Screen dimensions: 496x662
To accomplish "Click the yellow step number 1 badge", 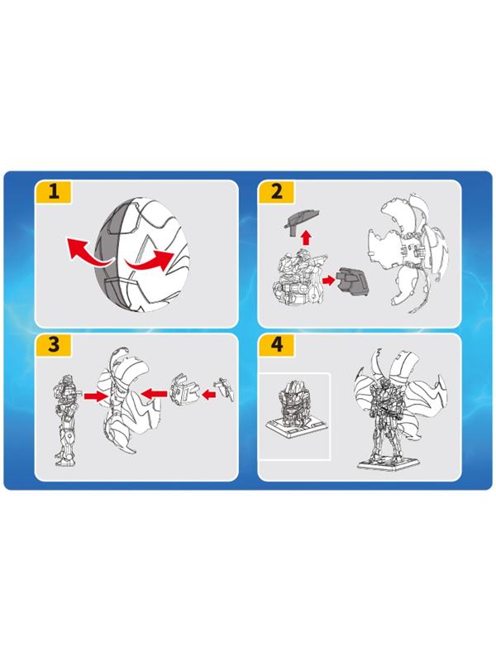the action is pyautogui.click(x=53, y=192).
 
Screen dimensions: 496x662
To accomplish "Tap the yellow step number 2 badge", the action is pyautogui.click(x=276, y=192).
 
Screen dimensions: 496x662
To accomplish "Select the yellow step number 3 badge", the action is pyautogui.click(x=53, y=344).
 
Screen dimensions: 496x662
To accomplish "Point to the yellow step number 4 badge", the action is pyautogui.click(x=276, y=344).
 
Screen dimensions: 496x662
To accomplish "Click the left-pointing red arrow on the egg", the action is pyautogui.click(x=87, y=252).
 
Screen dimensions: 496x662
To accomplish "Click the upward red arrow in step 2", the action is pyautogui.click(x=306, y=237).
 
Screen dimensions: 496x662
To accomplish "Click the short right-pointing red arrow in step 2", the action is pyautogui.click(x=328, y=280).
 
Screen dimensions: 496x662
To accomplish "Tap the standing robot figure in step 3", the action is pyautogui.click(x=65, y=420).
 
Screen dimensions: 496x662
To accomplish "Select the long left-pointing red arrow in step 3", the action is pyautogui.click(x=154, y=394).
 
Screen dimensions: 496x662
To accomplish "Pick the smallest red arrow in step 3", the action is pyautogui.click(x=208, y=396).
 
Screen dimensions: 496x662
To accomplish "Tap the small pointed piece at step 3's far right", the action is pyautogui.click(x=225, y=388).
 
